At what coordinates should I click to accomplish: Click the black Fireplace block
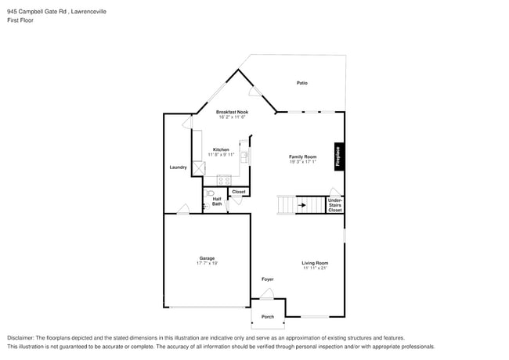338,157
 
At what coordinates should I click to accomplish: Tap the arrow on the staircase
287,206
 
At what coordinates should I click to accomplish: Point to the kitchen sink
244,157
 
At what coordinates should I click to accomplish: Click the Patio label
301,82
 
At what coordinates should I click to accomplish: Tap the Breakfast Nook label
232,112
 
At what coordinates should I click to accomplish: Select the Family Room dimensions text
303,162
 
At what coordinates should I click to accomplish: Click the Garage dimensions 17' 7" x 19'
207,263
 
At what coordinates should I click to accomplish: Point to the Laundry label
178,167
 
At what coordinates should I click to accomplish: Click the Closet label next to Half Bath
239,192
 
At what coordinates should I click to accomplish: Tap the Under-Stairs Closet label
334,205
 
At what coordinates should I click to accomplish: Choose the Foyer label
268,279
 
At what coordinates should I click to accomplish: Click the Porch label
268,316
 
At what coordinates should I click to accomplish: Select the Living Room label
316,263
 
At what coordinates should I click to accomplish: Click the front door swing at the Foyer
267,293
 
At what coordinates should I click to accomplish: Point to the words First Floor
20,20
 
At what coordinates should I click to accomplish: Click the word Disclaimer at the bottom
21,337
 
